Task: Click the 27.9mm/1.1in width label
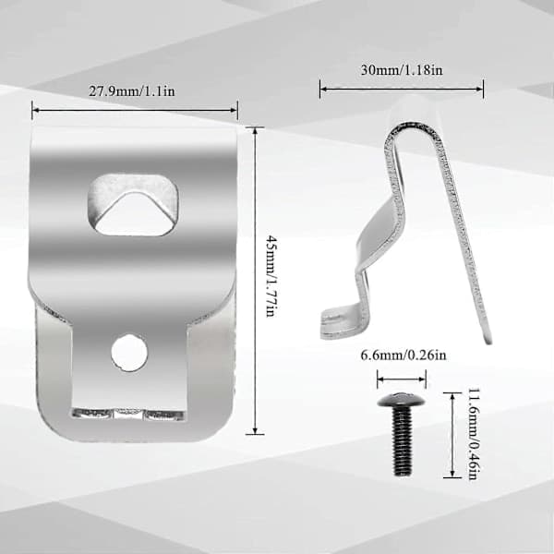(x=131, y=91)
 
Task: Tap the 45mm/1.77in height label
(x=271, y=277)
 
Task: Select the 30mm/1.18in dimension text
(x=402, y=70)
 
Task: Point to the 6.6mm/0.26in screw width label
(x=403, y=355)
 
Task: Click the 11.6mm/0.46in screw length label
(x=475, y=434)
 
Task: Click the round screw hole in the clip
(x=129, y=353)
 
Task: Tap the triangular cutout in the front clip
(x=133, y=213)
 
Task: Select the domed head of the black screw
(x=401, y=400)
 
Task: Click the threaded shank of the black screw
(x=402, y=440)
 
